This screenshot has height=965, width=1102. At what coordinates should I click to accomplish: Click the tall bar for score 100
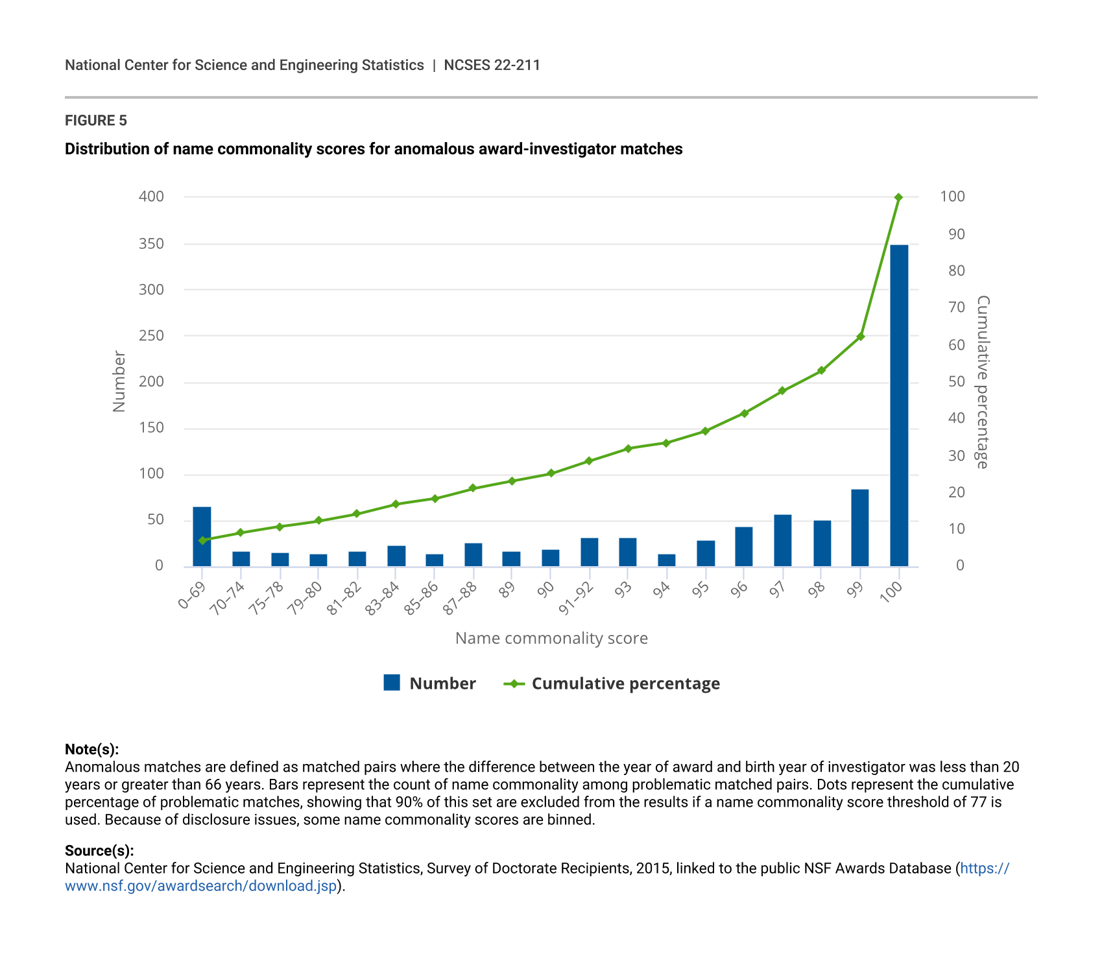898,405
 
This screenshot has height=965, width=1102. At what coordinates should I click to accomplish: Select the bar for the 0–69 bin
202,536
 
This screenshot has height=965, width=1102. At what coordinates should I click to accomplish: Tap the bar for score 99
859,527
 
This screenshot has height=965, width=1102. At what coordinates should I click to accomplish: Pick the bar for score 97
782,540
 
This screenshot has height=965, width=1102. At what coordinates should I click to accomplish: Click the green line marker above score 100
898,197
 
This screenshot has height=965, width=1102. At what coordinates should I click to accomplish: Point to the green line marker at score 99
860,337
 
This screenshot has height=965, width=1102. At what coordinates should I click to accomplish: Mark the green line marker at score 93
627,449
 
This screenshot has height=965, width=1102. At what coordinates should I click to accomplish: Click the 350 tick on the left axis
151,244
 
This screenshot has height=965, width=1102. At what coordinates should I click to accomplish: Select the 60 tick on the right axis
956,344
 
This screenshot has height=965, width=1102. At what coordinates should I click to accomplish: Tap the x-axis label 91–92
577,599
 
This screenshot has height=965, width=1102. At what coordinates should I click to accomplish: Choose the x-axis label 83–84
383,599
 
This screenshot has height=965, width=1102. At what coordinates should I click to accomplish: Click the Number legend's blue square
392,683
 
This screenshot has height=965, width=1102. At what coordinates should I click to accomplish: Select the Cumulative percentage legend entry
625,684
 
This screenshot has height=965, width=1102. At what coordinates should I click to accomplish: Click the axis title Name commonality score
551,638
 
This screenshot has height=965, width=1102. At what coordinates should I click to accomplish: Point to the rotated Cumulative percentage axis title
983,382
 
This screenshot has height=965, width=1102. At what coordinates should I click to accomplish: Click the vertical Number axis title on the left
119,381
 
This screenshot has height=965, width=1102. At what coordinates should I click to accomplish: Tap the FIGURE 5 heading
96,121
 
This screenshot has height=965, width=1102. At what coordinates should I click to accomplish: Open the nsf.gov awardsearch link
201,886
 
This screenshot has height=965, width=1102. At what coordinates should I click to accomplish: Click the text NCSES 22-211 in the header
492,65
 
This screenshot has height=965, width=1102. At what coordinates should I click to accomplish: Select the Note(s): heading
92,749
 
